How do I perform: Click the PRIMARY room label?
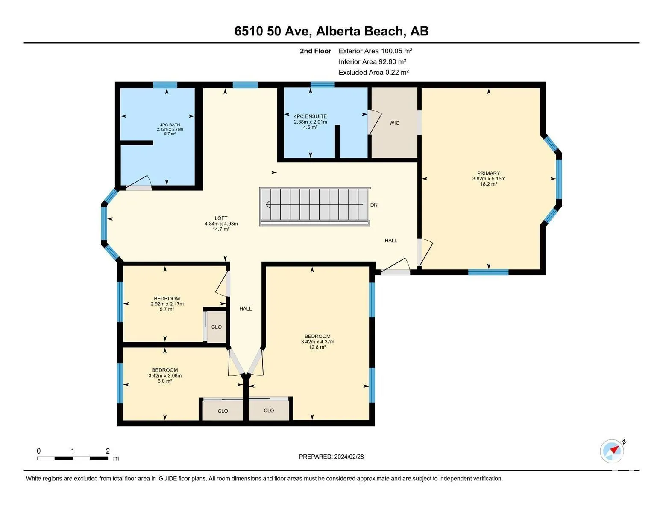coord(488,173)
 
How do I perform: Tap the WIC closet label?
coord(394,123)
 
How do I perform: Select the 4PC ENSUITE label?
coord(310,116)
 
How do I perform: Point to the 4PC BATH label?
coord(170,125)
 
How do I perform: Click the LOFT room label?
coord(221,218)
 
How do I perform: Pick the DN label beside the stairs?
coord(374,205)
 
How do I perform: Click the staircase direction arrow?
coord(314,204)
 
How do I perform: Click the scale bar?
coord(73,458)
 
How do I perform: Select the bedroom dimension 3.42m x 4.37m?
coord(318,342)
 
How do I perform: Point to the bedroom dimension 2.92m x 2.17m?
coord(167,304)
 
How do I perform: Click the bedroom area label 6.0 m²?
coord(165,381)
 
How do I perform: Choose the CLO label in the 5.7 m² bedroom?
coord(216,327)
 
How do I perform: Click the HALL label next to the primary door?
coord(391,241)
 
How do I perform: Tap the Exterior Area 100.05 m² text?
coord(375,51)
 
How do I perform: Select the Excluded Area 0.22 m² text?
coord(373,72)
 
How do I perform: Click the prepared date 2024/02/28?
coord(349,457)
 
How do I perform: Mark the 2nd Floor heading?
coord(316,51)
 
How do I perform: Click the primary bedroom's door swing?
coord(425,253)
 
